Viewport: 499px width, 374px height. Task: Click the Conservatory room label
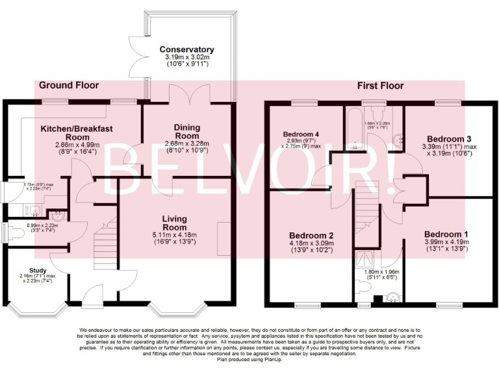pos(186,49)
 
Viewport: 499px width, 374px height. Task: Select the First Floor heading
pos(380,85)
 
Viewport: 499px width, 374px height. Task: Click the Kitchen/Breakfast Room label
pos(77,132)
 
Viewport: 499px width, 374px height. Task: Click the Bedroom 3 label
pos(448,139)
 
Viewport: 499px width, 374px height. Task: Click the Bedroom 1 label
pos(446,234)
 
